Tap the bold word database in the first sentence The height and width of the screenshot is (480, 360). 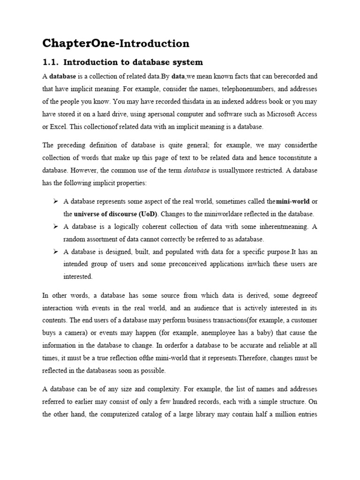[63, 76]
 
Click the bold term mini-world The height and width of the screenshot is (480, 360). [293, 202]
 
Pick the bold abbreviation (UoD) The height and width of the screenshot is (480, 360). [149, 214]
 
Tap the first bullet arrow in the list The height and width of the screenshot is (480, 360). [55, 201]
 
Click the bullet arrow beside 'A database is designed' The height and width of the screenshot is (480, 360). [55, 252]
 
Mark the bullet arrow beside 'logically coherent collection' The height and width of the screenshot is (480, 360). [55, 226]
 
